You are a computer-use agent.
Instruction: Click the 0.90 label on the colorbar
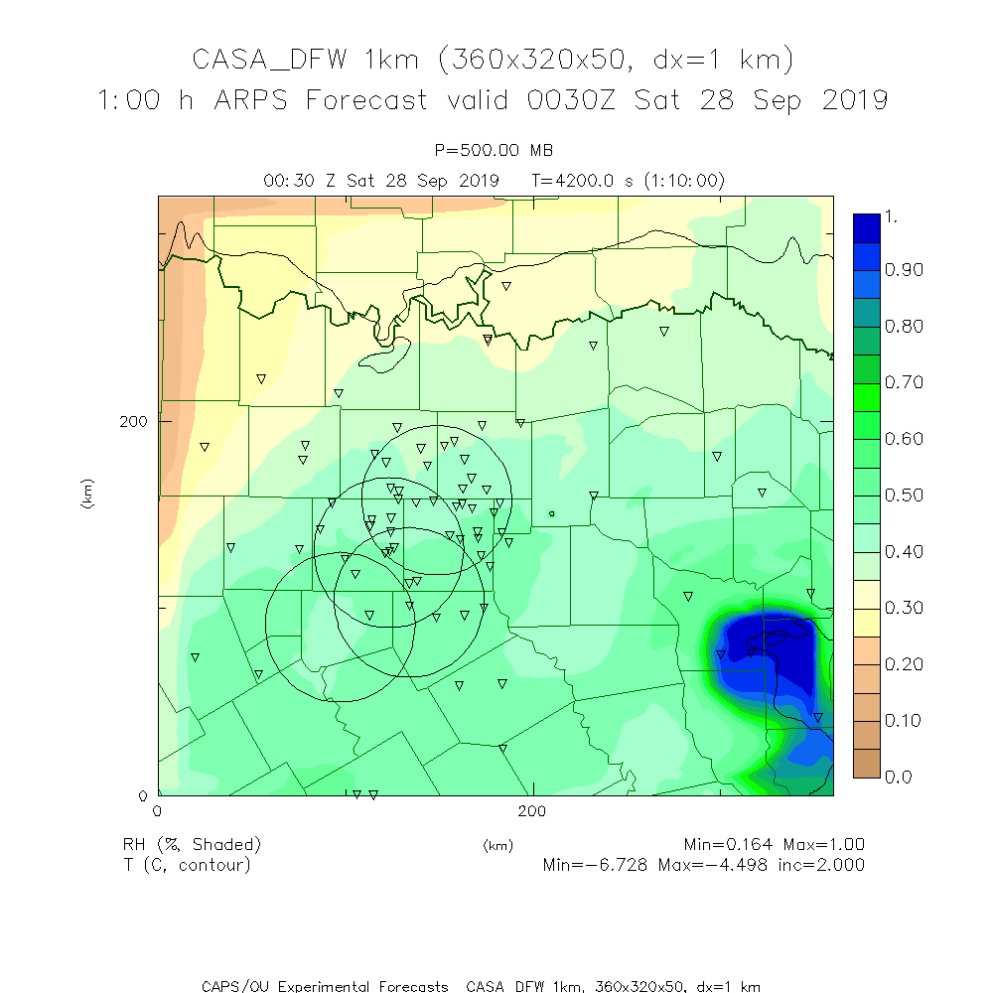click(x=878, y=270)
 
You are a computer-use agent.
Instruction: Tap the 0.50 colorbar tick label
click(x=878, y=495)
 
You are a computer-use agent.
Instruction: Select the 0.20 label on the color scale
click(x=878, y=663)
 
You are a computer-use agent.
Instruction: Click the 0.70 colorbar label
click(x=878, y=382)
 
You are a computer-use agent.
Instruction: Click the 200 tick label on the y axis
click(x=133, y=421)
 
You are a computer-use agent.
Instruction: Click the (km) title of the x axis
click(x=497, y=846)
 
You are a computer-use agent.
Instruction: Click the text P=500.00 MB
click(x=495, y=150)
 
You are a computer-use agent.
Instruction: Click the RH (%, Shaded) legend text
click(x=192, y=845)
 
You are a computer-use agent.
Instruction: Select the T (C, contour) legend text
click(x=187, y=865)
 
